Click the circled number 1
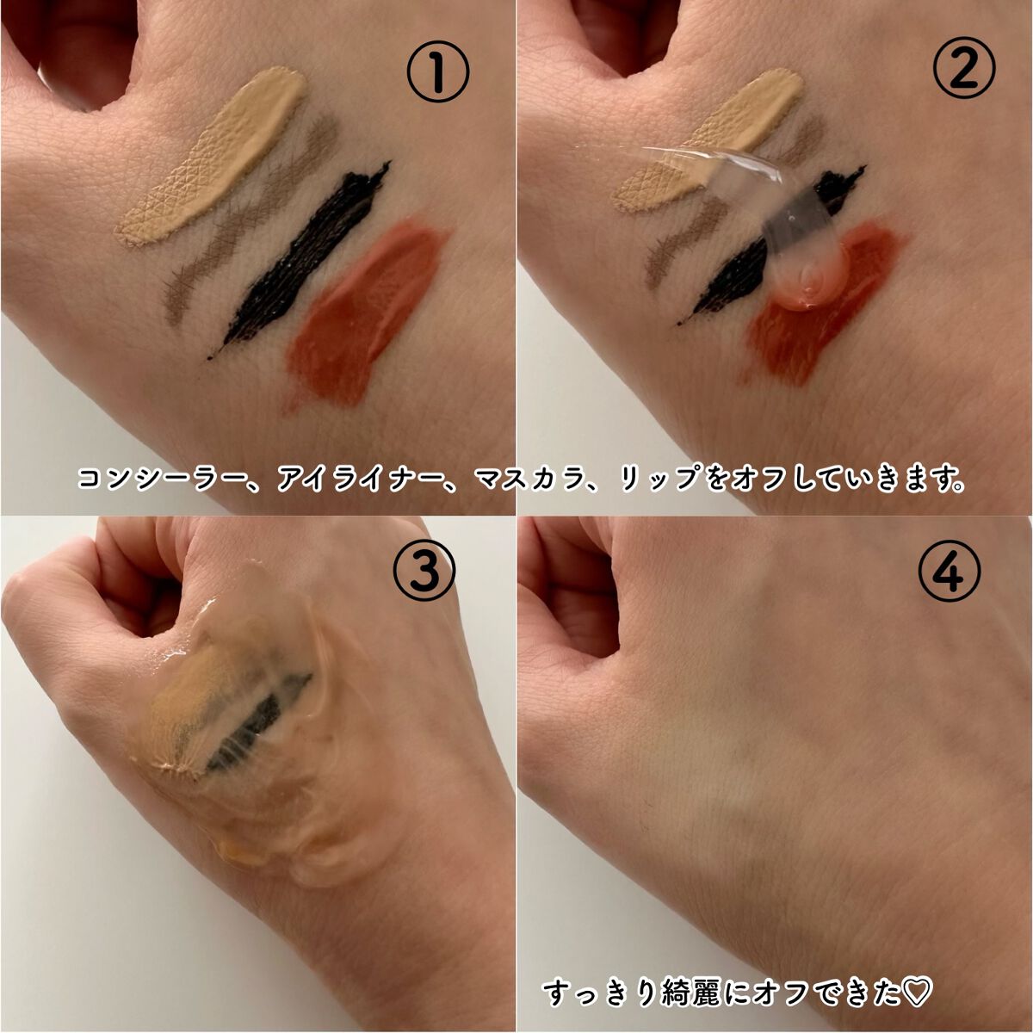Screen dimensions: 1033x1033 [x=438, y=73]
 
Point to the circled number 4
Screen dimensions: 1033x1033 [x=949, y=572]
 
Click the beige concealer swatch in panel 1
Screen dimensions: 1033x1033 [x=212, y=156]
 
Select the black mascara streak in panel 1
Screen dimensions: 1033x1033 [x=300, y=257]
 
